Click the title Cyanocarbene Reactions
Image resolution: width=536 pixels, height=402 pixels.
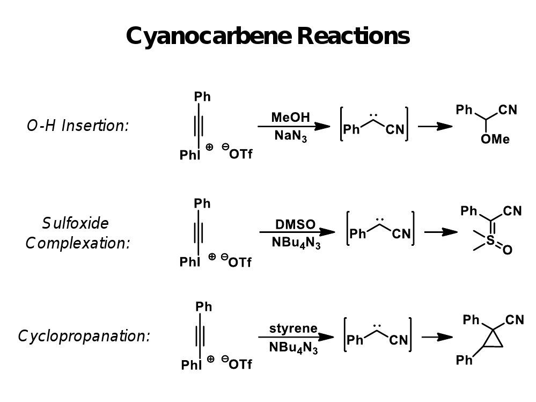click(268, 36)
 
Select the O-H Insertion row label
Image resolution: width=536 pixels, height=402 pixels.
click(78, 126)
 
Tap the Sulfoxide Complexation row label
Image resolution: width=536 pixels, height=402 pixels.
click(78, 232)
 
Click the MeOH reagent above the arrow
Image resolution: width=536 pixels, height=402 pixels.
click(290, 117)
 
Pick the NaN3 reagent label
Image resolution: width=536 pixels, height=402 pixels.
click(290, 136)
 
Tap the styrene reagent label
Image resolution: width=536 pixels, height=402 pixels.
click(293, 328)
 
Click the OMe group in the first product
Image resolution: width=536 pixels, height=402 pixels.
click(495, 140)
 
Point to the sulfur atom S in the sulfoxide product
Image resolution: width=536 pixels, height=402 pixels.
click(490, 242)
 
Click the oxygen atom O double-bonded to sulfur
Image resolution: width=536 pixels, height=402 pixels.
click(508, 250)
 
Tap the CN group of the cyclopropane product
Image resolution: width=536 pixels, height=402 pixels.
click(513, 320)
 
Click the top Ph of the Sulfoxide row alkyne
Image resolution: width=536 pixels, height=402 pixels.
click(202, 203)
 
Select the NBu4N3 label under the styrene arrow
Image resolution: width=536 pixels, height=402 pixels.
click(293, 347)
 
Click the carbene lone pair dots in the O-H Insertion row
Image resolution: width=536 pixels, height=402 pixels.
click(376, 114)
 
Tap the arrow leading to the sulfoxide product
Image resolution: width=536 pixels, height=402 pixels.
click(441, 232)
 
